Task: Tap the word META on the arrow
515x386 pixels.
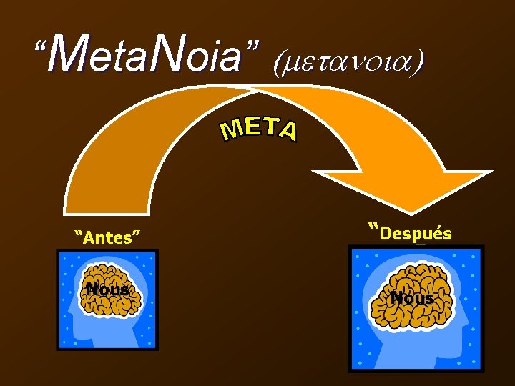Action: click(x=259, y=129)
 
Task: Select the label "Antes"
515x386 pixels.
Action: click(x=107, y=237)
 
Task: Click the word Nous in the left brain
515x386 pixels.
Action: click(x=107, y=289)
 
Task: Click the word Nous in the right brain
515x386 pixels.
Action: click(x=412, y=298)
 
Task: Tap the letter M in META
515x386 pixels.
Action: click(x=230, y=132)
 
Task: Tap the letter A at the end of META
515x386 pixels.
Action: click(x=288, y=133)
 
